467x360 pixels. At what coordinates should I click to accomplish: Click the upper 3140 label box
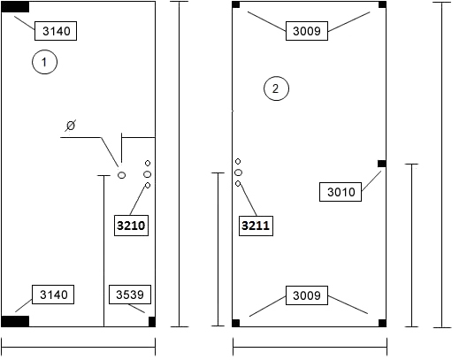point(56,31)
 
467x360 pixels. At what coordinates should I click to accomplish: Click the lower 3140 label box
point(53,295)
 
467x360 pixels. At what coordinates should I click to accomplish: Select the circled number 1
point(44,62)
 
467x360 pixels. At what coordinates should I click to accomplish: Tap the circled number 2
point(276,88)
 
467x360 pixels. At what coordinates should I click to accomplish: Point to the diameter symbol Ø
point(71,126)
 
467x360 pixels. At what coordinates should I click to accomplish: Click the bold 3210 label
point(131,226)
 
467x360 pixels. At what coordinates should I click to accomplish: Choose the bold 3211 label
point(256,226)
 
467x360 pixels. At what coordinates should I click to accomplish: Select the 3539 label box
point(130,295)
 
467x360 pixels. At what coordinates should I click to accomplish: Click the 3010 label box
point(341,192)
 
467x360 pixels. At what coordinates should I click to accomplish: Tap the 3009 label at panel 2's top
point(307,31)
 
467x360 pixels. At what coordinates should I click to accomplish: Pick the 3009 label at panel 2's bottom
point(307,295)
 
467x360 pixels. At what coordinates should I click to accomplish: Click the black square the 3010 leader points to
point(382,164)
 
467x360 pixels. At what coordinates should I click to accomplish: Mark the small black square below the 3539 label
point(152,322)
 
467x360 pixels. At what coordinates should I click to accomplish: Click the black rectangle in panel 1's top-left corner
point(15,7)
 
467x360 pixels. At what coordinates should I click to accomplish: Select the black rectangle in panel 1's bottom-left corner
point(15,322)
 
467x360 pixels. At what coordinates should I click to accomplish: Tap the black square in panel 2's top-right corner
point(382,4)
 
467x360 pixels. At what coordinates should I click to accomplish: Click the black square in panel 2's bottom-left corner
point(236,323)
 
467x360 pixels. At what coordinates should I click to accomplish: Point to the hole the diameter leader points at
point(121,175)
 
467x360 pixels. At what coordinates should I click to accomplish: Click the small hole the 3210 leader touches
point(148,185)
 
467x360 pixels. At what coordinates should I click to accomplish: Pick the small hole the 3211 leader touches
point(238,184)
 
